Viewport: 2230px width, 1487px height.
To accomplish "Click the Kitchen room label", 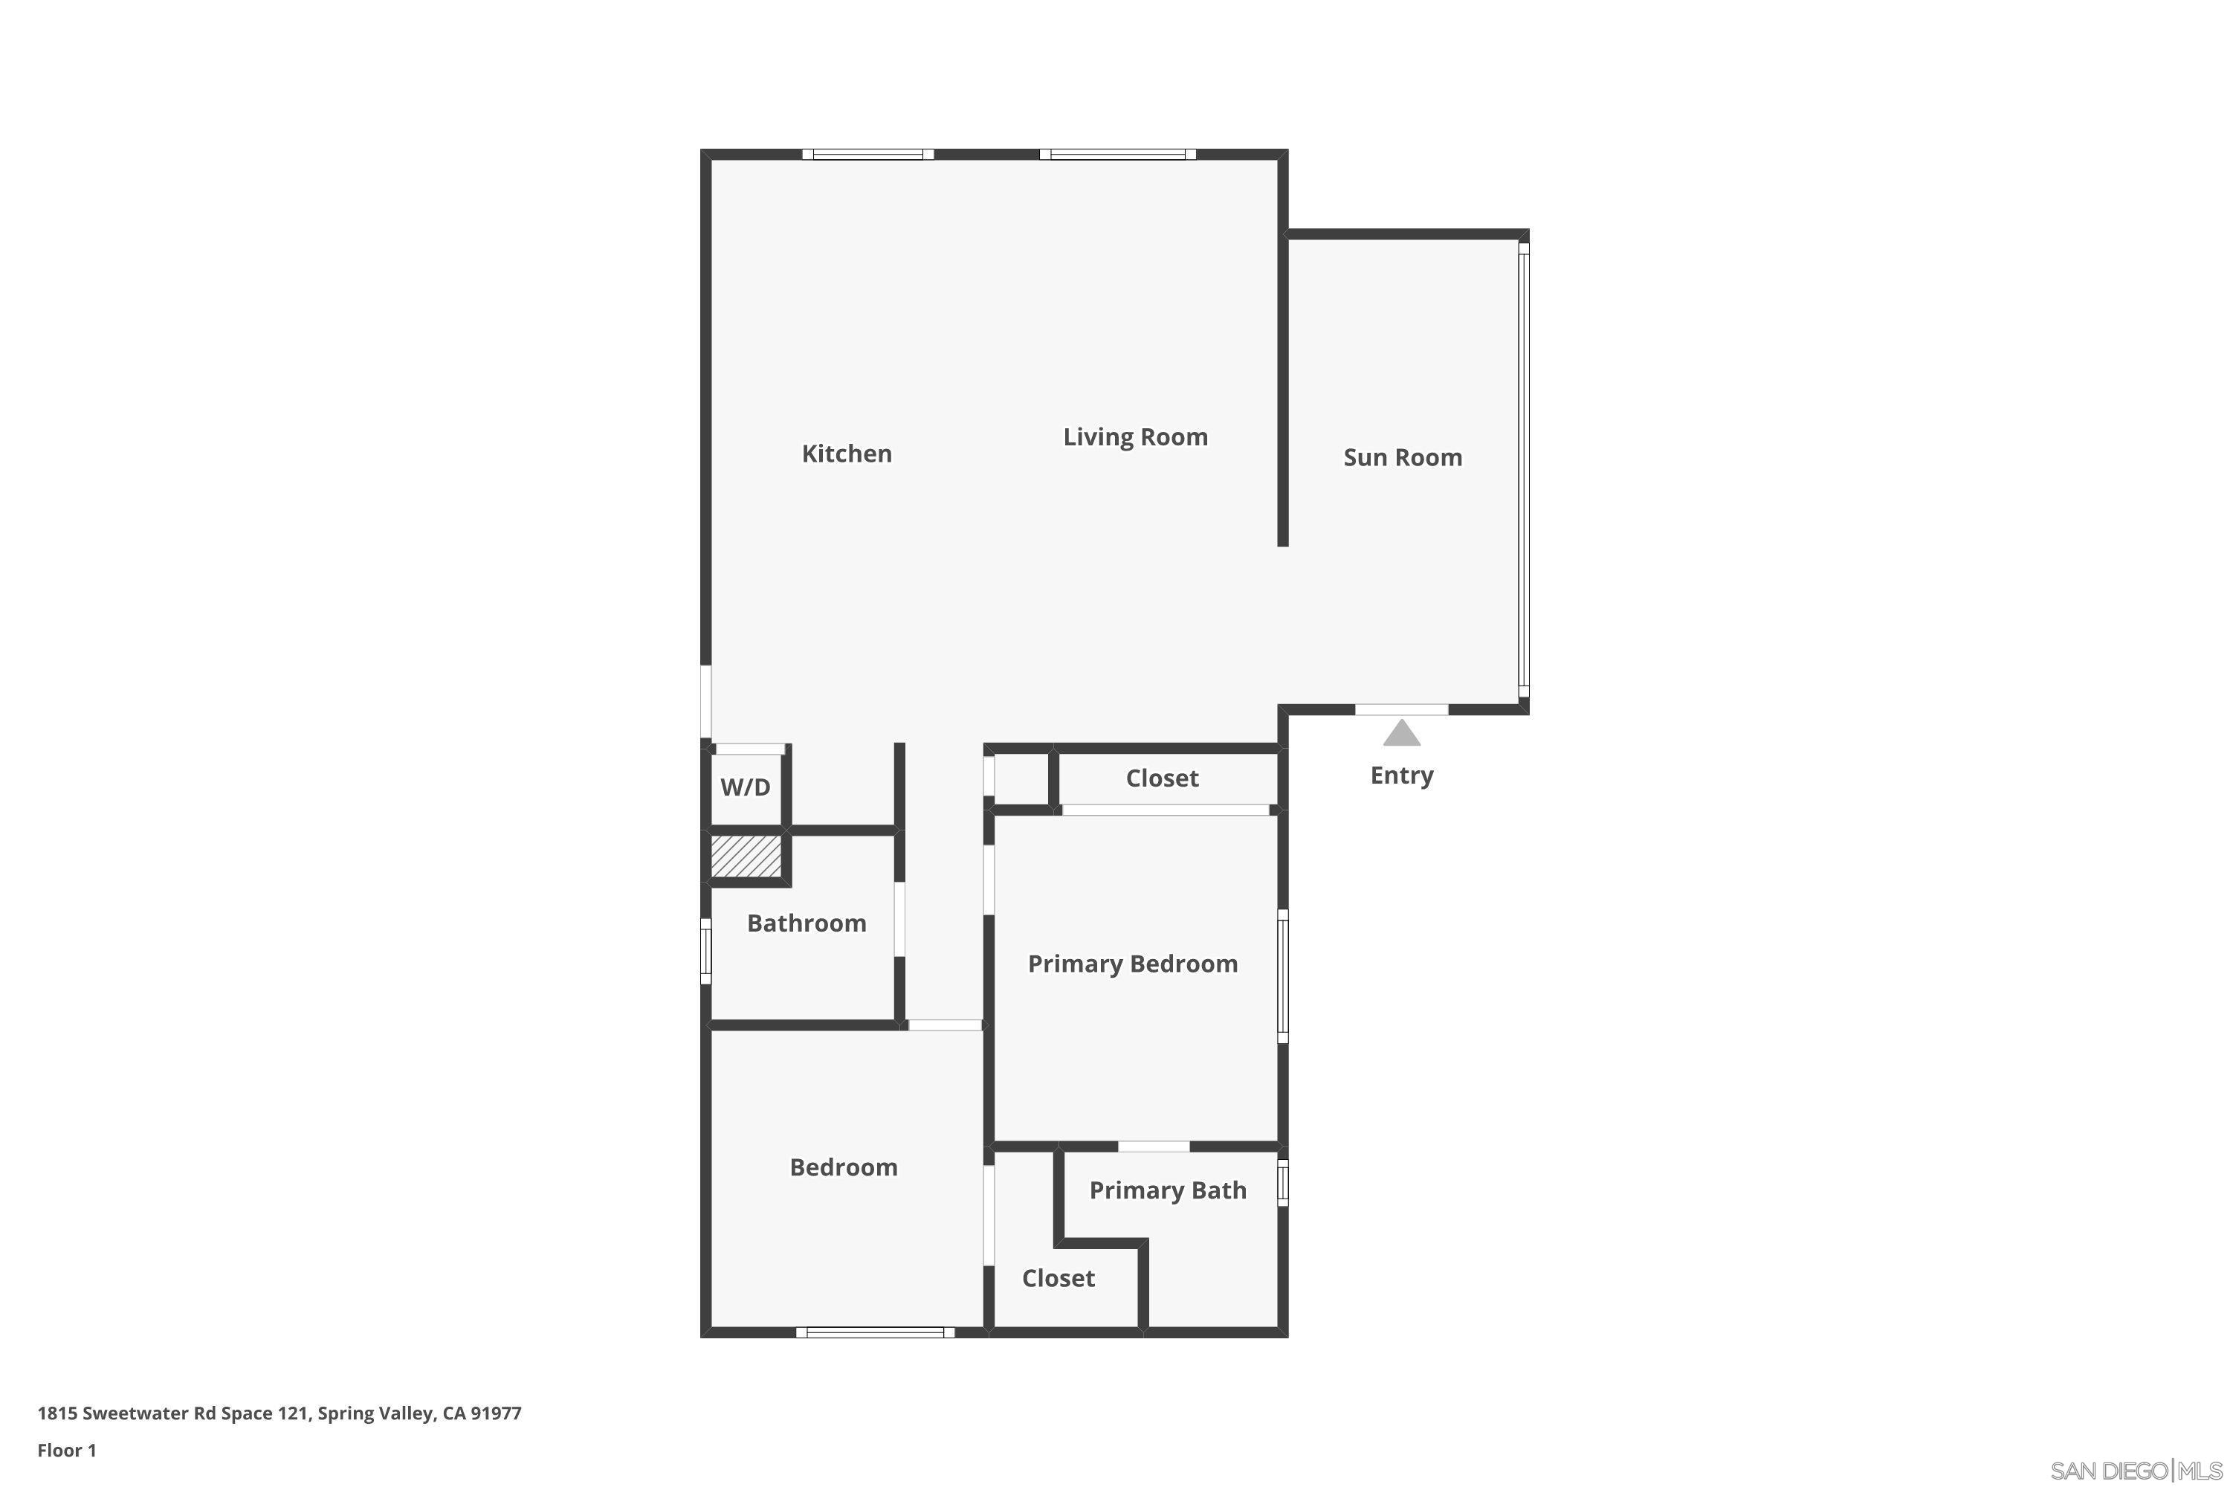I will point(847,454).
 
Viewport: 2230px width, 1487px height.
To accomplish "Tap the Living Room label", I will point(1135,437).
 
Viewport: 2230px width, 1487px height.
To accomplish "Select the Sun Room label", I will point(1402,458).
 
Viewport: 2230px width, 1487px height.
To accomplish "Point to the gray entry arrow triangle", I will point(1401,734).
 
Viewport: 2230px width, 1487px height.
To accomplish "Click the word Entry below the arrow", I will point(1401,775).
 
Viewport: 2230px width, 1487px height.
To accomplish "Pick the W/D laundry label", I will point(746,787).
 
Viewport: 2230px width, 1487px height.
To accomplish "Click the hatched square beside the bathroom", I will point(746,856).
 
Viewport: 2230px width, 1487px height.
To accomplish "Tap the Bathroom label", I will point(806,923).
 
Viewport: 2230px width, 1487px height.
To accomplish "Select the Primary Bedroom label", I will point(1132,964).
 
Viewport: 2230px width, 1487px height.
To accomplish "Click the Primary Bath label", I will point(1167,1191).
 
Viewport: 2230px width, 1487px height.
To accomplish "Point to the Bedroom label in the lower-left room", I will point(843,1167).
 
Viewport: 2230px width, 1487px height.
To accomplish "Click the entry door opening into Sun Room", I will point(1400,709).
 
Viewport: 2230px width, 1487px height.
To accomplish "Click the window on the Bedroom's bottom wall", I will point(875,1332).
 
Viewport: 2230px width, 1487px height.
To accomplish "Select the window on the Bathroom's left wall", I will point(705,951).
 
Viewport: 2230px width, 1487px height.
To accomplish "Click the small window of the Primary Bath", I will point(1283,1183).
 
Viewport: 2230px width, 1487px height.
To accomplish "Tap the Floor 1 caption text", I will point(66,1450).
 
